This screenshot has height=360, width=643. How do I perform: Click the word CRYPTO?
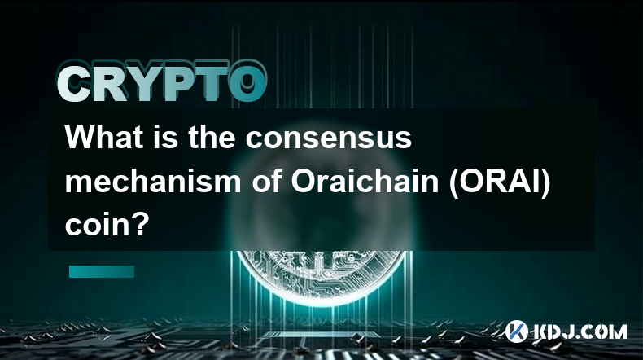(x=162, y=81)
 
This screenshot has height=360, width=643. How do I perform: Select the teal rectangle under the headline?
(x=102, y=271)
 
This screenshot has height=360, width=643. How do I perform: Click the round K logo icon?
(x=516, y=331)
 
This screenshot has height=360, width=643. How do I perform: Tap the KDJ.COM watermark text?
(x=580, y=331)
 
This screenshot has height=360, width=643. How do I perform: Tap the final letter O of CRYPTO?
(x=248, y=82)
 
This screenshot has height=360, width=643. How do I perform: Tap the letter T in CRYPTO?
(x=212, y=83)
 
